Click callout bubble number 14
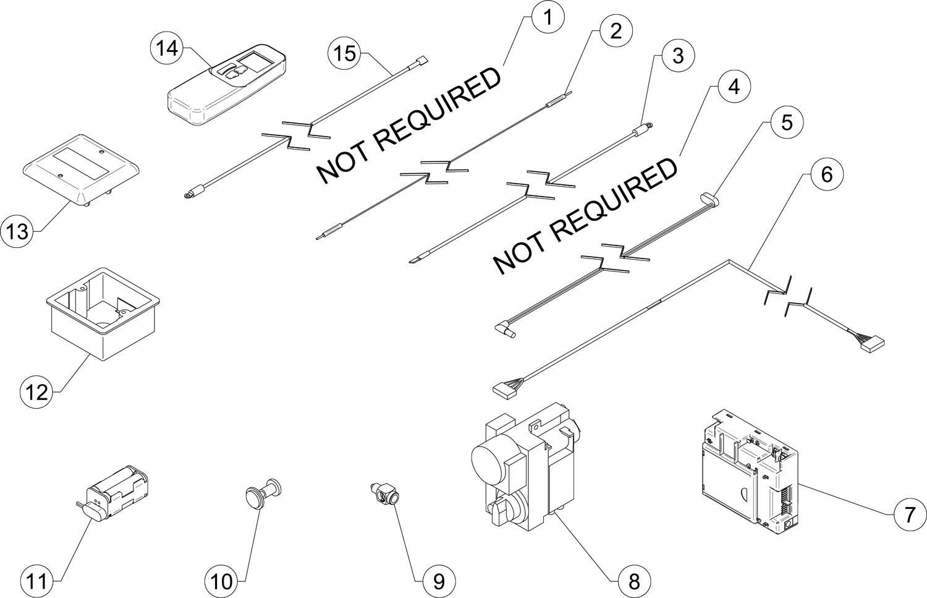click(166, 49)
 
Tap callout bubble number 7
click(909, 515)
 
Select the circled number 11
click(37, 581)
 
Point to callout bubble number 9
click(439, 581)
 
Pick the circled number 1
click(548, 17)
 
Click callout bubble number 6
click(826, 174)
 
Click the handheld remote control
click(227, 84)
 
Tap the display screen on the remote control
click(256, 62)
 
